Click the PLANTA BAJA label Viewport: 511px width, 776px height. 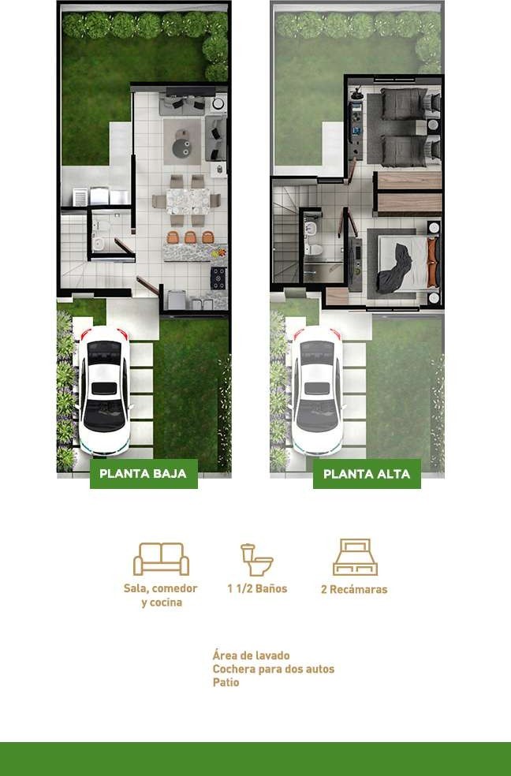pyautogui.click(x=143, y=474)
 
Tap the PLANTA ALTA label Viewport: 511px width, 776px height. pyautogui.click(x=367, y=474)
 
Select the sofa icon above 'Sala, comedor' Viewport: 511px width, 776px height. pyautogui.click(x=161, y=559)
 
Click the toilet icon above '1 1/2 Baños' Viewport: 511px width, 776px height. pyautogui.click(x=257, y=560)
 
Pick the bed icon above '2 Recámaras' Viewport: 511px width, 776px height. pyautogui.click(x=355, y=558)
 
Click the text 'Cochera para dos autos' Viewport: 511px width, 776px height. pyautogui.click(x=274, y=669)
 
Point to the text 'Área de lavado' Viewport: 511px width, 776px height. pyautogui.click(x=252, y=656)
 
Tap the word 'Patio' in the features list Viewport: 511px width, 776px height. pyautogui.click(x=226, y=682)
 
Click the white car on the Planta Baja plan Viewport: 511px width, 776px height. pyautogui.click(x=104, y=390)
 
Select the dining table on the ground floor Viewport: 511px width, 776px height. pyautogui.click(x=188, y=201)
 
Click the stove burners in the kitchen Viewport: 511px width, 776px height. pyautogui.click(x=218, y=278)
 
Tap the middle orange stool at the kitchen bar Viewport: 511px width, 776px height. pyautogui.click(x=191, y=237)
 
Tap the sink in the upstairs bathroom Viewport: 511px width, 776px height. pyautogui.click(x=311, y=229)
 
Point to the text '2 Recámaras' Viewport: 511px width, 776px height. pyautogui.click(x=354, y=589)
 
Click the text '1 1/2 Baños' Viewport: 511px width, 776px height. pyautogui.click(x=257, y=588)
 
